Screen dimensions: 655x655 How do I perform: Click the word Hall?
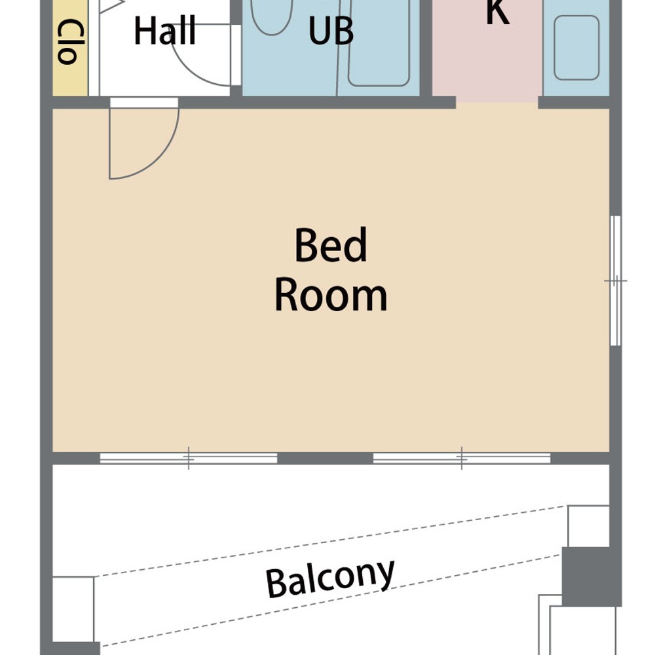pos(165,31)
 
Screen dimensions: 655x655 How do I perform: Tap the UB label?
pos(331,31)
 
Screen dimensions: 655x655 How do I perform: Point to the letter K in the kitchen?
pos(498,12)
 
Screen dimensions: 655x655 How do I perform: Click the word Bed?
pos(331,245)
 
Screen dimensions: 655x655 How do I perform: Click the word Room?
pos(331,296)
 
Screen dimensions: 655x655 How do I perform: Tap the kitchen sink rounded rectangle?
pos(576,48)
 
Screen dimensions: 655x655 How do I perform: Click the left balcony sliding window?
pos(189,458)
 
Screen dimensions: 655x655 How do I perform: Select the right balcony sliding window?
pos(462,458)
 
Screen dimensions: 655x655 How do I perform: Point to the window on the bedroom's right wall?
pos(615,281)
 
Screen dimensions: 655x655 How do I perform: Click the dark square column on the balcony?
pos(591,576)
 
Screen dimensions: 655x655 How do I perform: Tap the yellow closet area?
pos(70,48)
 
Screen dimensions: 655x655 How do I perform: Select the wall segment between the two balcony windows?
pos(326,458)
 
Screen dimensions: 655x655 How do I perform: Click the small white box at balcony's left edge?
pos(73,609)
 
